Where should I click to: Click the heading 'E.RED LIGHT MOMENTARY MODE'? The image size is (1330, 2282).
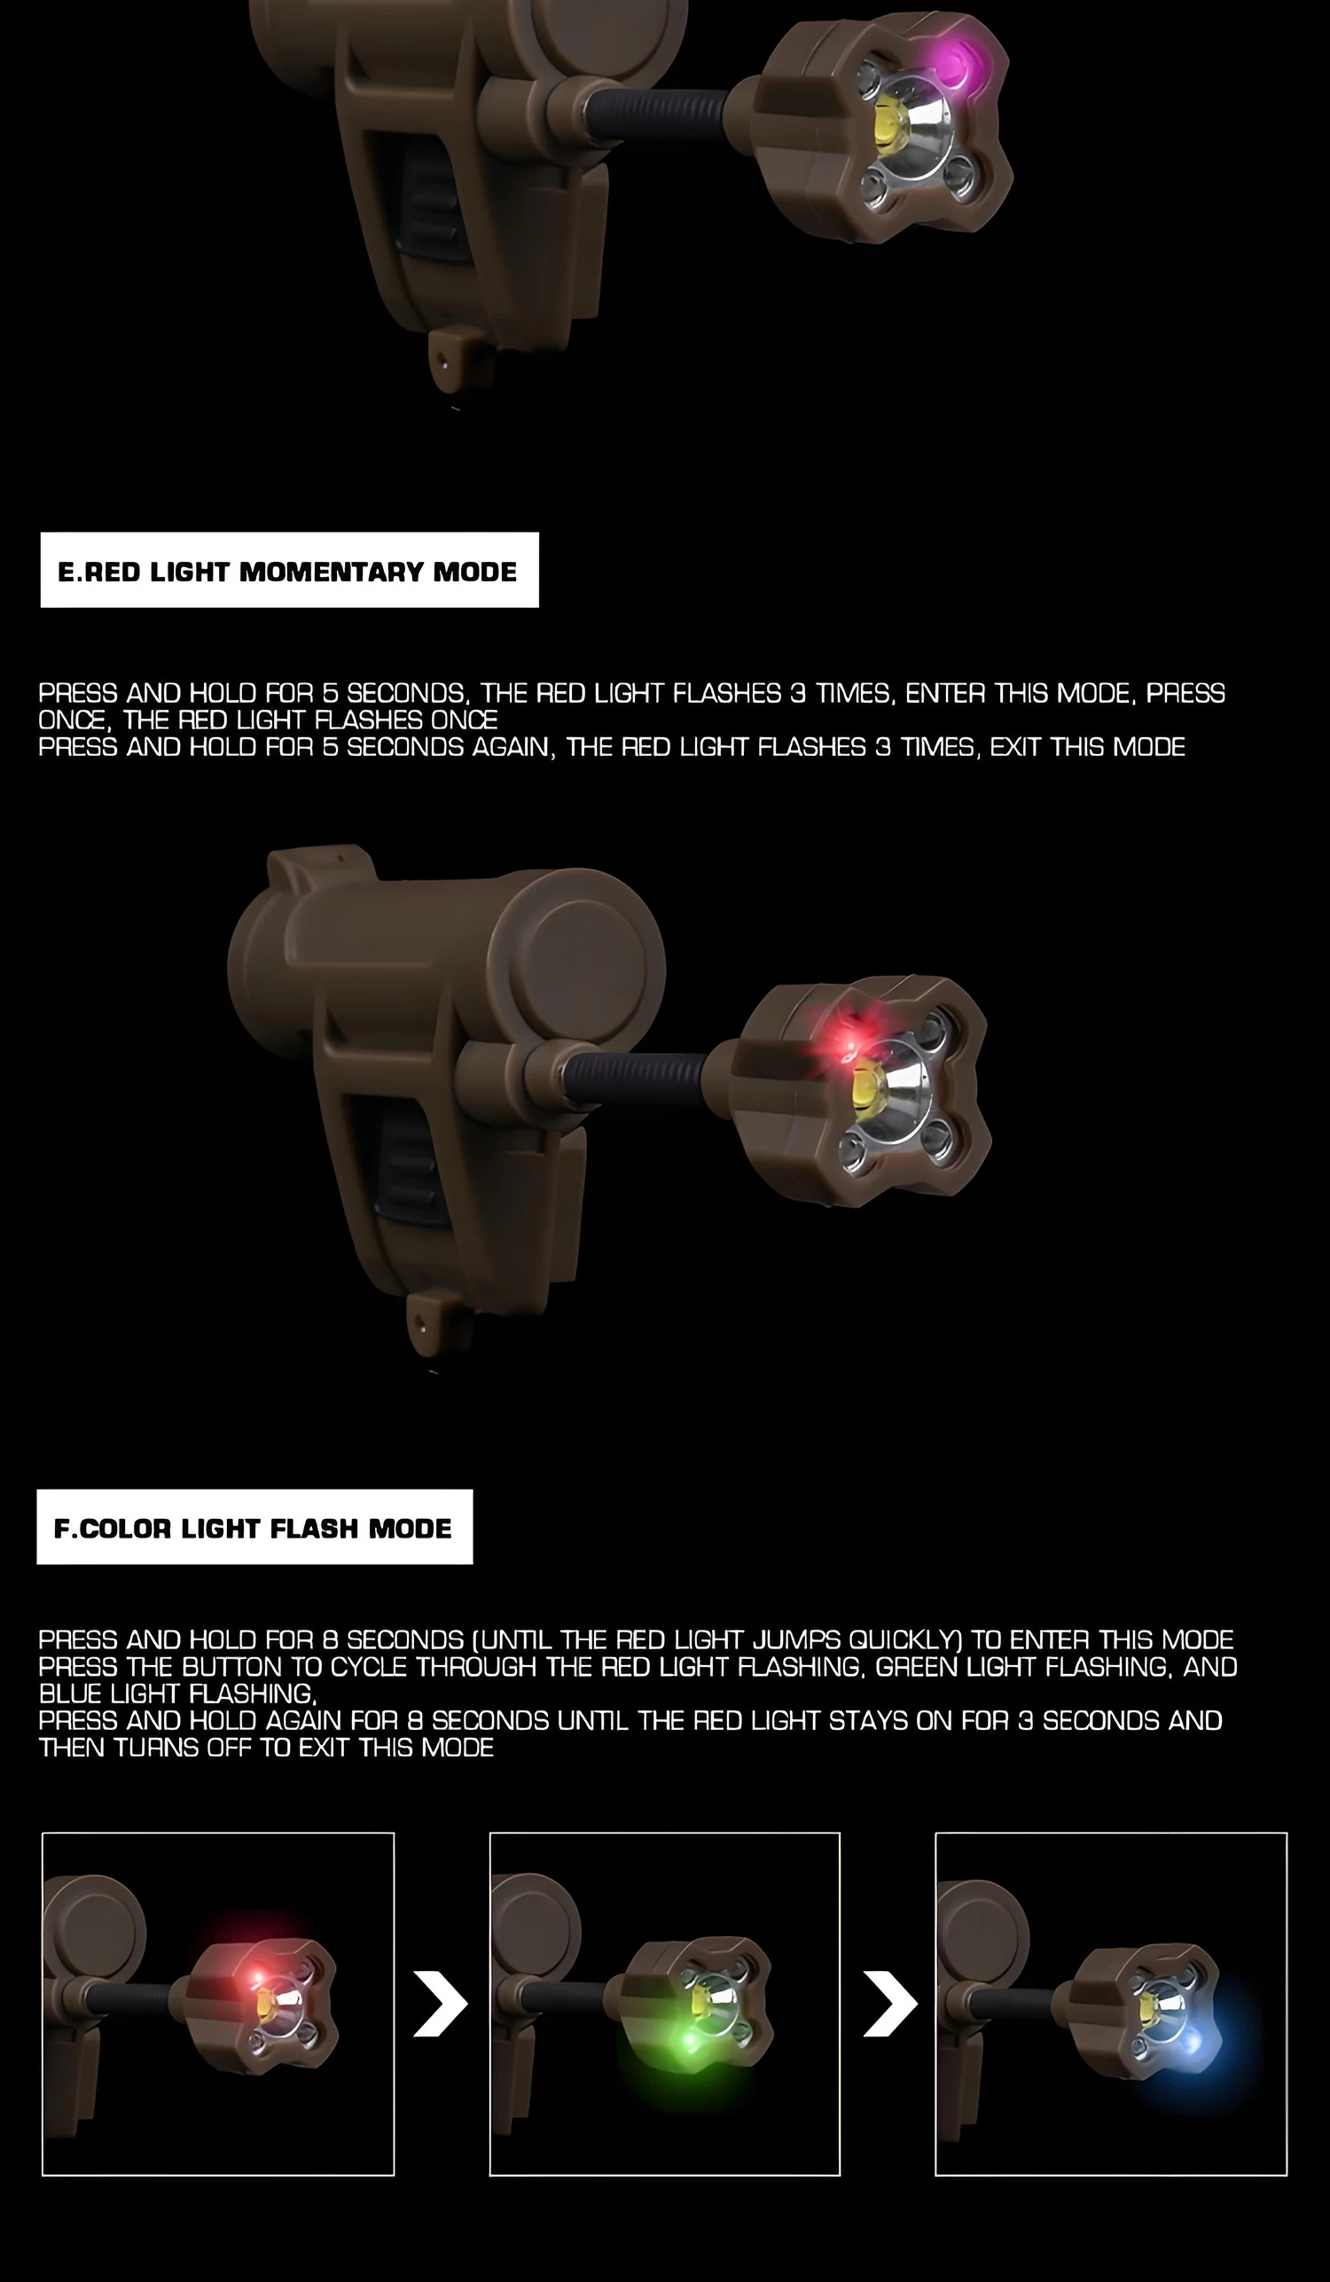(x=287, y=572)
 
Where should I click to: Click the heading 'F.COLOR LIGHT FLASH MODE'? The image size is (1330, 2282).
(x=253, y=1529)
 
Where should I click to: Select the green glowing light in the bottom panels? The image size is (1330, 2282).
(x=689, y=2042)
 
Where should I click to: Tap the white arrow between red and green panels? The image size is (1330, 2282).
(x=441, y=2003)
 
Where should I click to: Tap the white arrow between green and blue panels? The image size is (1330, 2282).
(x=889, y=2003)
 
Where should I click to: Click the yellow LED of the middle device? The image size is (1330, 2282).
(x=867, y=1089)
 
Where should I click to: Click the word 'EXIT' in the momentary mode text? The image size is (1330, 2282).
(x=1015, y=747)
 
